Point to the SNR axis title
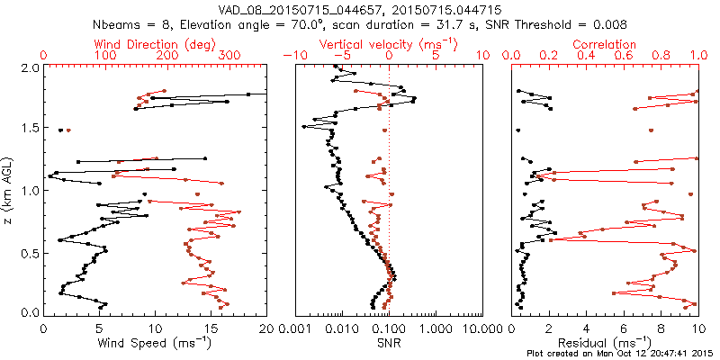click(x=389, y=343)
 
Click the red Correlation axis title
click(x=605, y=43)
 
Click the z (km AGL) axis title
click(x=8, y=190)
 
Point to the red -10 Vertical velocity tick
click(x=291, y=56)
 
